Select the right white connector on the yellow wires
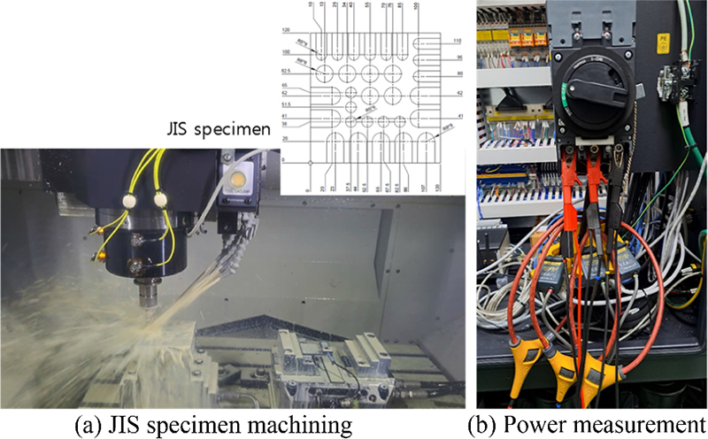[160, 200]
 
